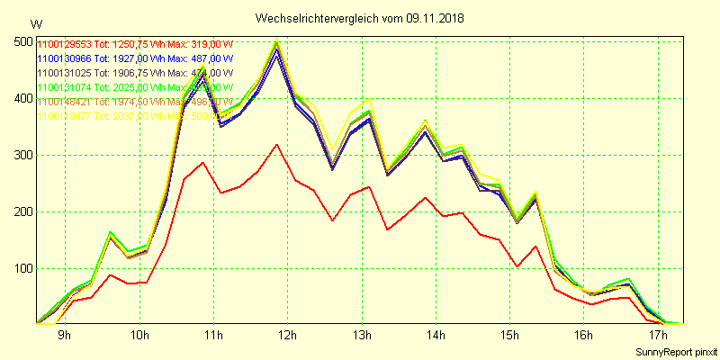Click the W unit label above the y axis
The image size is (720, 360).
pyautogui.click(x=35, y=23)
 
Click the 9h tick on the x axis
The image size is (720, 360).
pyautogui.click(x=65, y=335)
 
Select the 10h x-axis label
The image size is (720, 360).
pyautogui.click(x=139, y=335)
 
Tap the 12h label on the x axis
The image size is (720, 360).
pyautogui.click(x=288, y=335)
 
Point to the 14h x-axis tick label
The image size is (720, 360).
pyautogui.click(x=436, y=335)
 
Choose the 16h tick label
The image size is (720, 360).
pyautogui.click(x=584, y=335)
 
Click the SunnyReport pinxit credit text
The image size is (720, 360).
pyautogui.click(x=675, y=350)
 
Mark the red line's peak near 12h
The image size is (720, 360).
pyautogui.click(x=277, y=144)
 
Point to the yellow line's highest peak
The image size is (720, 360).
pyautogui.click(x=276, y=40)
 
